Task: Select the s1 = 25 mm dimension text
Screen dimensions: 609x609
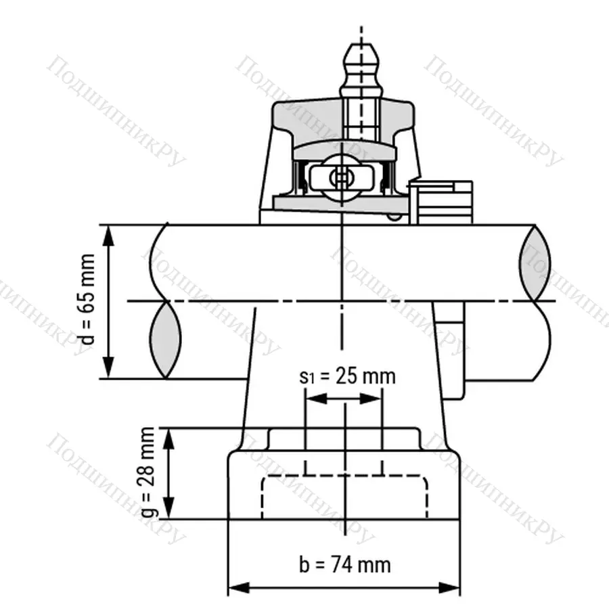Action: (346, 376)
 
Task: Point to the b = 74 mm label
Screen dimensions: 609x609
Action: (344, 564)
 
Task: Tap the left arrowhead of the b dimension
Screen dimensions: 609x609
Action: (234, 586)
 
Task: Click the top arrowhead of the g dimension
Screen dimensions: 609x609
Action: (169, 434)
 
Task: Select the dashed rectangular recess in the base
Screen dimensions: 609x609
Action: (344, 497)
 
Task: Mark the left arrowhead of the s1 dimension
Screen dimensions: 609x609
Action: (312, 399)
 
